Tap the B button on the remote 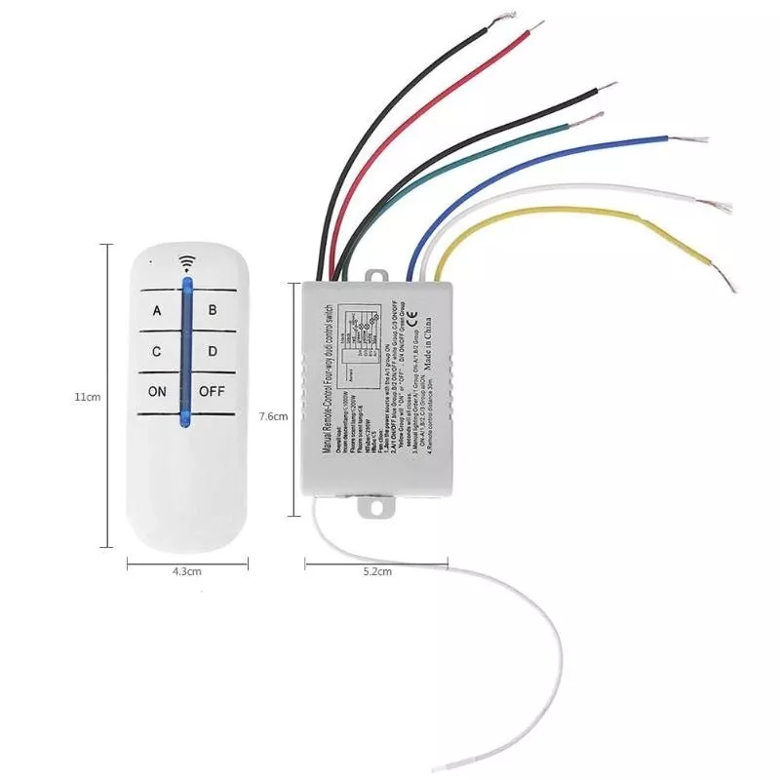[213, 312]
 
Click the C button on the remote [157, 351]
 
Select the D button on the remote [213, 351]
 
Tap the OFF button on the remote [213, 392]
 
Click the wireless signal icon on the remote [185, 262]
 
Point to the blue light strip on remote [185, 351]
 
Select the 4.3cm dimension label [186, 571]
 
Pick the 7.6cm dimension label [274, 416]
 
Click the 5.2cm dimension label [376, 571]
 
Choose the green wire [468, 155]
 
